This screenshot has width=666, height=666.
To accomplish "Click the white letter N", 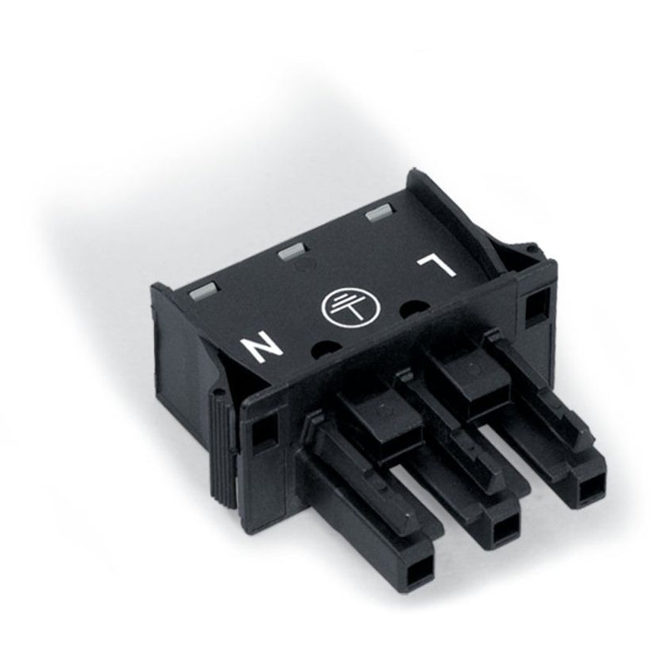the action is click(261, 346).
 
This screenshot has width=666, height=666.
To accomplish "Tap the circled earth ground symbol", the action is click(352, 305).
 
